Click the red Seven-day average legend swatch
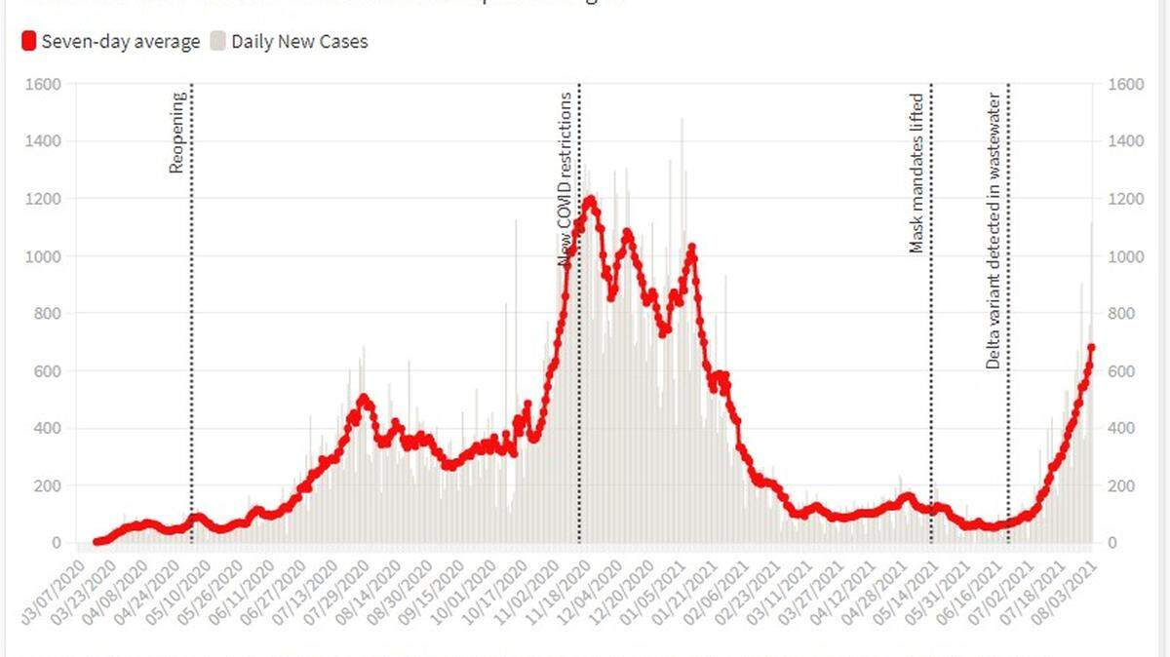pos(28,42)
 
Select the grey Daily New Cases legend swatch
pos(218,42)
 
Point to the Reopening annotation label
pos(176,133)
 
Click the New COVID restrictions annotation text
pos(565,179)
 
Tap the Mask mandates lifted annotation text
pos(916,174)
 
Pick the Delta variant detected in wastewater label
pos(993,230)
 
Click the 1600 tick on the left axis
pos(45,85)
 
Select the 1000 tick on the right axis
pos(1126,256)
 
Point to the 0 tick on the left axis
pos(57,543)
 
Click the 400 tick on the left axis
pos(49,429)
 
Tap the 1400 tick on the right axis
pos(1126,142)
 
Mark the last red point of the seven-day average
pos(1092,347)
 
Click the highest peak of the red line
pos(589,200)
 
